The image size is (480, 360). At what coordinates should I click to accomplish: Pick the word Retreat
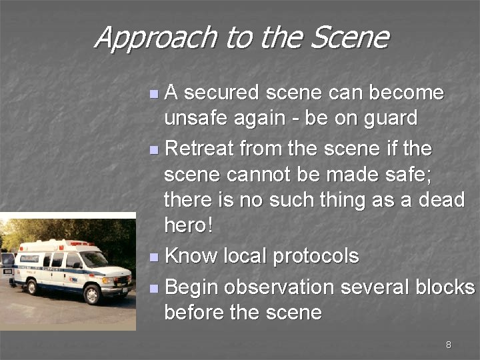198,148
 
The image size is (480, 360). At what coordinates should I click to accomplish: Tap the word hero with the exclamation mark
189,226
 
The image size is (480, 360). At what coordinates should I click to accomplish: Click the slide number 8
448,345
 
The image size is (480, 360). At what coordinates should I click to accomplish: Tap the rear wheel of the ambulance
31,287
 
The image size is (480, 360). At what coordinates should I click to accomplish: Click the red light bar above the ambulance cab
79,244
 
